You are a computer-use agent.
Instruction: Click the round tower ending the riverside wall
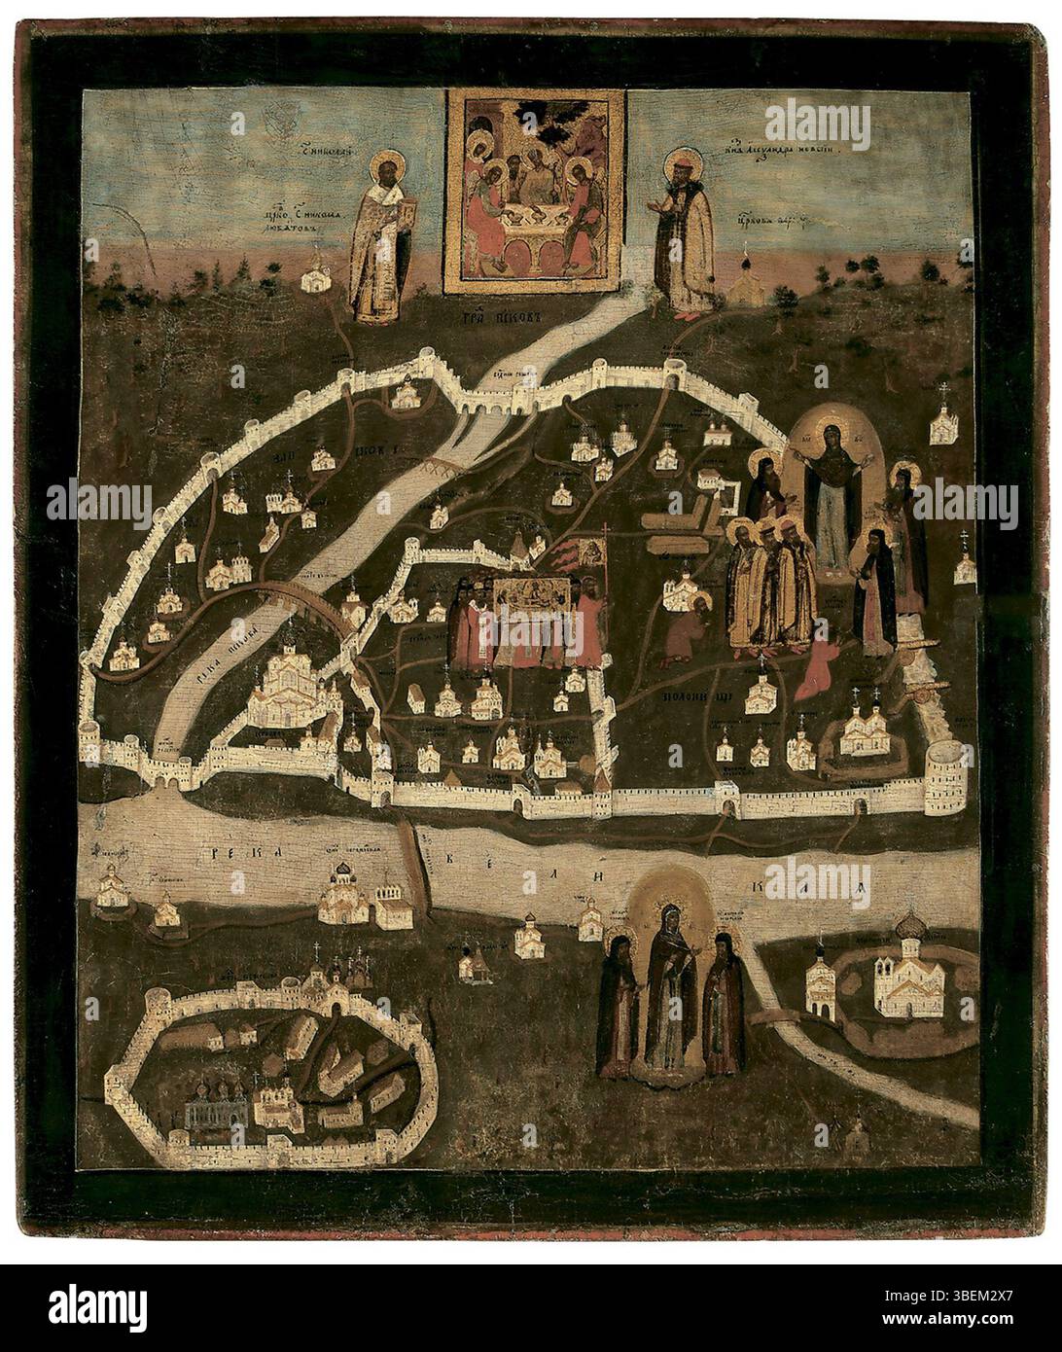click(x=943, y=781)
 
